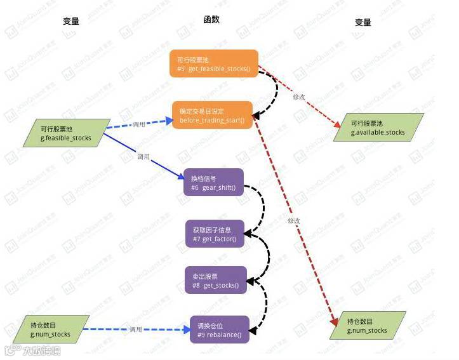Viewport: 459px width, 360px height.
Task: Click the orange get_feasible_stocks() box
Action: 214,63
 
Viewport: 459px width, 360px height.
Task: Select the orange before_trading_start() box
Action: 212,115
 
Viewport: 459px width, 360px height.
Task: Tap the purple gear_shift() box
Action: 213,182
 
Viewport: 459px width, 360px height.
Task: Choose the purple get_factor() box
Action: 213,234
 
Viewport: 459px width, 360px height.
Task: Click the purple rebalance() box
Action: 219,330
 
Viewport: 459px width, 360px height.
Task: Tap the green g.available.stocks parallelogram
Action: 378,128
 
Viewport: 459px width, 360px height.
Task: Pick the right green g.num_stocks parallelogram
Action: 368,326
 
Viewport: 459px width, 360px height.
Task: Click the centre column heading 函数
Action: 211,20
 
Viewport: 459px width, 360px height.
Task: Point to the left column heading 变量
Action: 71,22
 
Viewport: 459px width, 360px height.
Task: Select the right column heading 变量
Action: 363,22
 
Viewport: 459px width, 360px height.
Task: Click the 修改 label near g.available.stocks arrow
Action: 299,97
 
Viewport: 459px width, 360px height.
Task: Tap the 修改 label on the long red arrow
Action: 293,220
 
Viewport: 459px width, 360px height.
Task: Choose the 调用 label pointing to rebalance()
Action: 136,330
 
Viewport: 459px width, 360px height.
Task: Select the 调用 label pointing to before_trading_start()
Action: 139,124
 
